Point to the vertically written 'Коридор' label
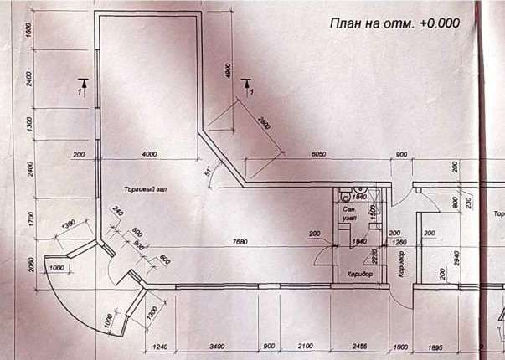point(402,263)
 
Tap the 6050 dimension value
point(318,155)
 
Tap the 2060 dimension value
point(28,265)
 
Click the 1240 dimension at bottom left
point(162,346)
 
